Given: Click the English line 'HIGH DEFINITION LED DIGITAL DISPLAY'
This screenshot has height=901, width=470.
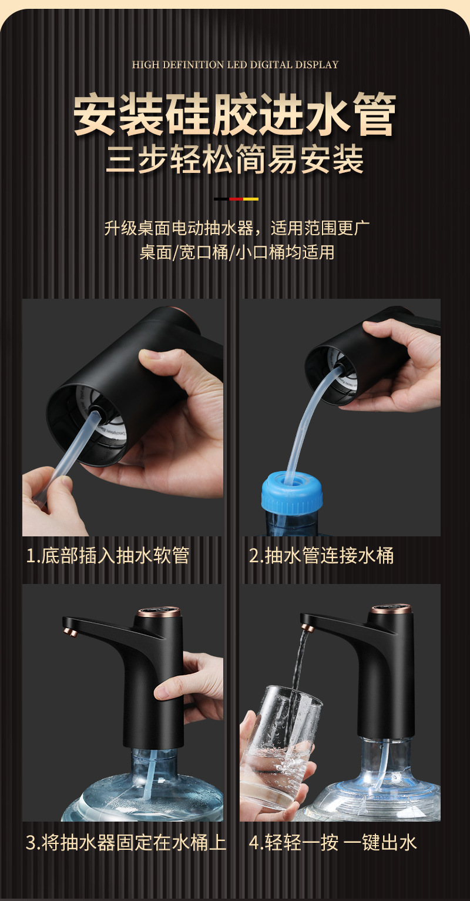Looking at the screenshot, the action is (235, 64).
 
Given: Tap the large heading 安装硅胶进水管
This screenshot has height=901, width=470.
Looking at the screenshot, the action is (235, 114).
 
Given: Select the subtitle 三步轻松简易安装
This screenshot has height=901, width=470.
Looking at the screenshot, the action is (235, 160).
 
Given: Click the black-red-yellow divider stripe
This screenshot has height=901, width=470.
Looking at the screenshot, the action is (236, 199).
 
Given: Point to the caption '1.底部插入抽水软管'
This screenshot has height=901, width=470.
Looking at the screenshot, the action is (108, 556).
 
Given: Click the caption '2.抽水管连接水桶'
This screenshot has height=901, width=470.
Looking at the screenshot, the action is (321, 556).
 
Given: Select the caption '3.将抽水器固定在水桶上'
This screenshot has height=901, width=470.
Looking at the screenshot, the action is (126, 842).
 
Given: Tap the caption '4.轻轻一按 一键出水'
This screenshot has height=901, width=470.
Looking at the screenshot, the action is (333, 842).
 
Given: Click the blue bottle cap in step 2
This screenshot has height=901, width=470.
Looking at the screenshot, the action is (292, 491).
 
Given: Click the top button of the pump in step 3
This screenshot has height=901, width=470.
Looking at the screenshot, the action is (159, 612).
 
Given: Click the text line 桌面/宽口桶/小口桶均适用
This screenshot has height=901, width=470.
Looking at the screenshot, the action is (237, 253).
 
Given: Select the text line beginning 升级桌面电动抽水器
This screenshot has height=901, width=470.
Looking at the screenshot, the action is (237, 228).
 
